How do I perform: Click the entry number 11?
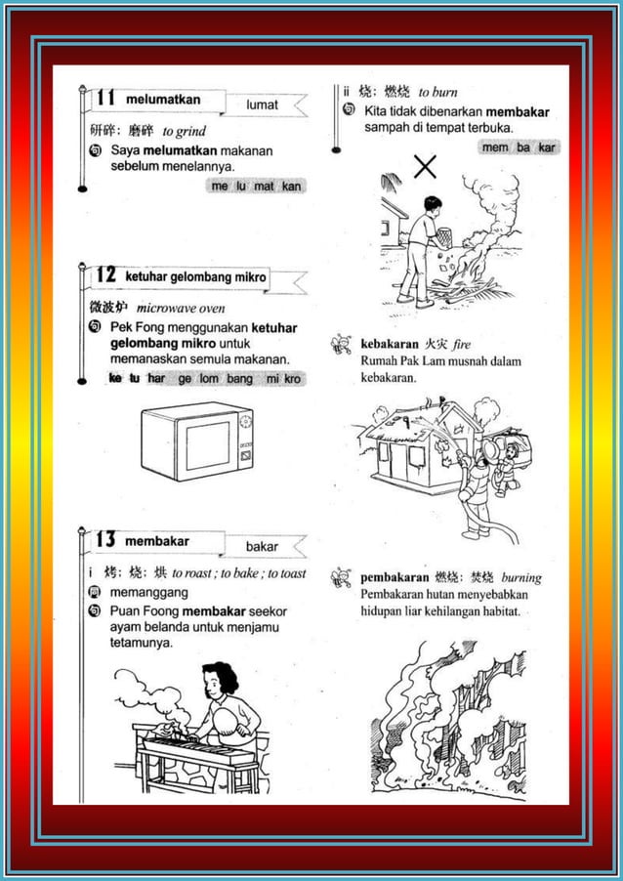coord(105,99)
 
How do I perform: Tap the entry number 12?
coord(105,276)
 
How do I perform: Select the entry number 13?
coord(105,540)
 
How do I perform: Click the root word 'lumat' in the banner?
coord(262,104)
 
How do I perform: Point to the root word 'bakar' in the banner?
coord(262,546)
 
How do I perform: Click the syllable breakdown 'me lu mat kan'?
coord(256,186)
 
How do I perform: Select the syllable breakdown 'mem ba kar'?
coord(519,147)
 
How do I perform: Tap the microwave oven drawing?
coord(196,442)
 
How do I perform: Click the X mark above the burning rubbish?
coord(425,167)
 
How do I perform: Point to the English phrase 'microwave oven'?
coord(181,308)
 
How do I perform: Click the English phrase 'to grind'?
coord(184,131)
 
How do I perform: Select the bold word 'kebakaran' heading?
coord(390,345)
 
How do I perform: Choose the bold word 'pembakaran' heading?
coord(395,577)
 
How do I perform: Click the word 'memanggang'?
coord(149,592)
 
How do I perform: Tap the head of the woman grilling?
coord(222,678)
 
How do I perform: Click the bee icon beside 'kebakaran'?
coord(342,344)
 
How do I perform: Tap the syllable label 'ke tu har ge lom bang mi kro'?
coord(204,378)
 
